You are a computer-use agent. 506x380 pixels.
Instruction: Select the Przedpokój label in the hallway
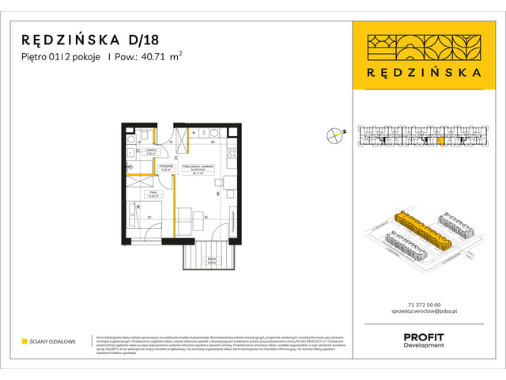click(x=166, y=168)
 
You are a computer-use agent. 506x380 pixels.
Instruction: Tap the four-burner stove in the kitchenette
click(x=230, y=155)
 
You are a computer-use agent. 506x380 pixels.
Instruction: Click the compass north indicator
click(x=335, y=135)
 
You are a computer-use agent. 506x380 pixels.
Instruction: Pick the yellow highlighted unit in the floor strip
click(x=440, y=142)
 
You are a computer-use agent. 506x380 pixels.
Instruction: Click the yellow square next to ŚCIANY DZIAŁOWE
click(x=25, y=341)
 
